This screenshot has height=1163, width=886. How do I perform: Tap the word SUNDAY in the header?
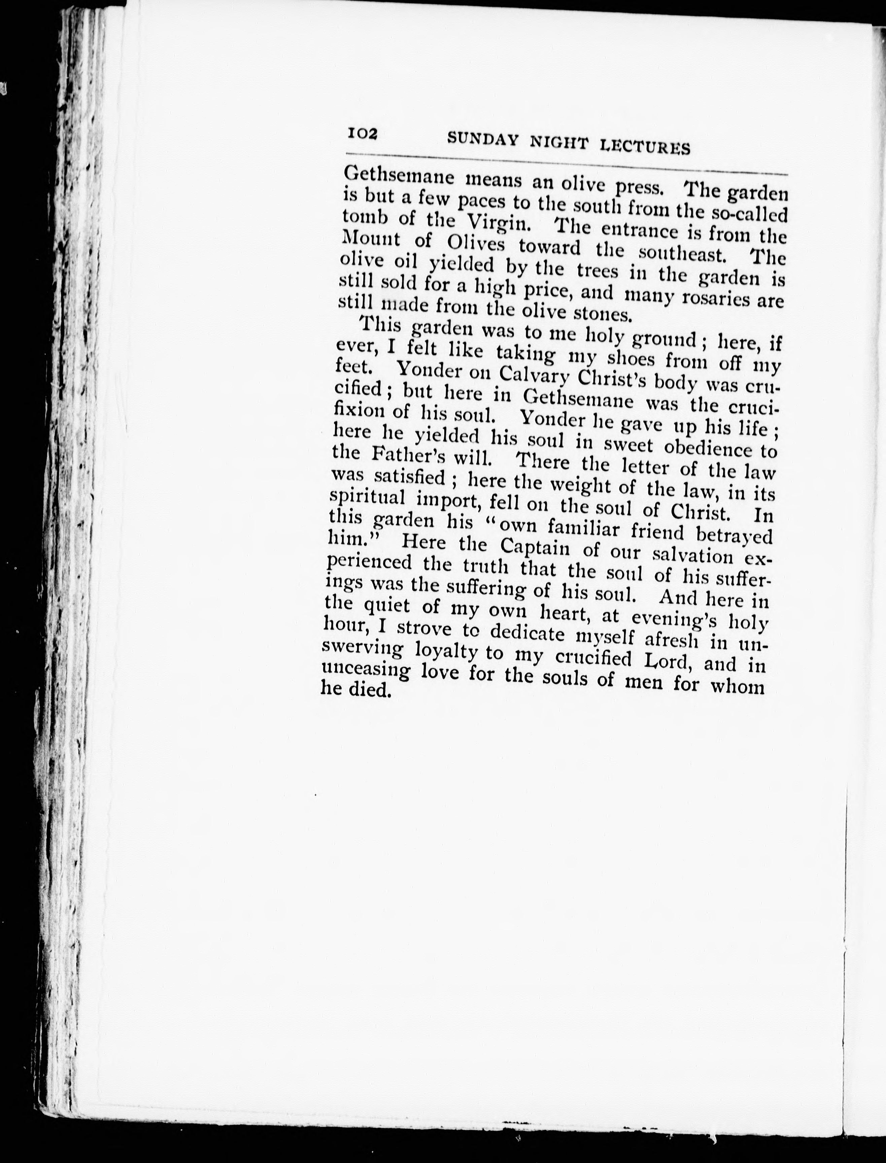[x=481, y=139]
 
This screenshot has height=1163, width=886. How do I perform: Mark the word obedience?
[x=713, y=448]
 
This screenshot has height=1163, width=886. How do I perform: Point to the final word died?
[x=370, y=690]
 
